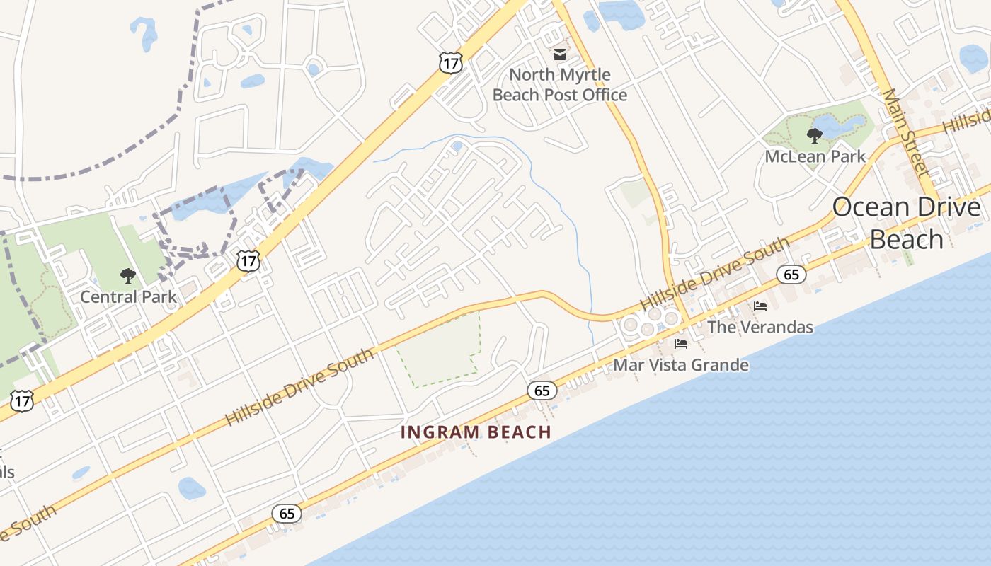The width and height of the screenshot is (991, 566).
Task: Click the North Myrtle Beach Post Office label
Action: pos(560,84)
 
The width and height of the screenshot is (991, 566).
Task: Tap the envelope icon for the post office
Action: pos(560,54)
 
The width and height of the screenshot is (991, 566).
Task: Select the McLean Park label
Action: pos(815,156)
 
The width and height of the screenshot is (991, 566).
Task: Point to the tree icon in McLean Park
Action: pos(815,134)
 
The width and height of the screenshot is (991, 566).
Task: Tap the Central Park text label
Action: pos(128,296)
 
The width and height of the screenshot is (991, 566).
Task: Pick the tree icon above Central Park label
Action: pos(128,275)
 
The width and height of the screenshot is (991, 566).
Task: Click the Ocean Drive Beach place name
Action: pos(906,223)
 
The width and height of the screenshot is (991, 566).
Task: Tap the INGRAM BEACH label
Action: pos(476,432)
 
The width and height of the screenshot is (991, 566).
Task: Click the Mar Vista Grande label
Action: pos(680,365)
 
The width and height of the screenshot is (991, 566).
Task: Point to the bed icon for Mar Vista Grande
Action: pos(681,345)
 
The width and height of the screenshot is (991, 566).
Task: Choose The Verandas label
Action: pos(760,327)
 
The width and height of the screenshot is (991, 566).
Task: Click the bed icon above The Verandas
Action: pos(760,306)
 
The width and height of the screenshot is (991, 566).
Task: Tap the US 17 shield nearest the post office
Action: pos(450,62)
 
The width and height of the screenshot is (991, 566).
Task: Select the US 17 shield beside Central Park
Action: pos(248,261)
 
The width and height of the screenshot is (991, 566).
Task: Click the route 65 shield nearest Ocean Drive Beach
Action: pos(791,275)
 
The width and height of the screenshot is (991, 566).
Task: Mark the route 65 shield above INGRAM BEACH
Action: pos(542,390)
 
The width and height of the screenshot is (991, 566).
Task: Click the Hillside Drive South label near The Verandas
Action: pos(714,273)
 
